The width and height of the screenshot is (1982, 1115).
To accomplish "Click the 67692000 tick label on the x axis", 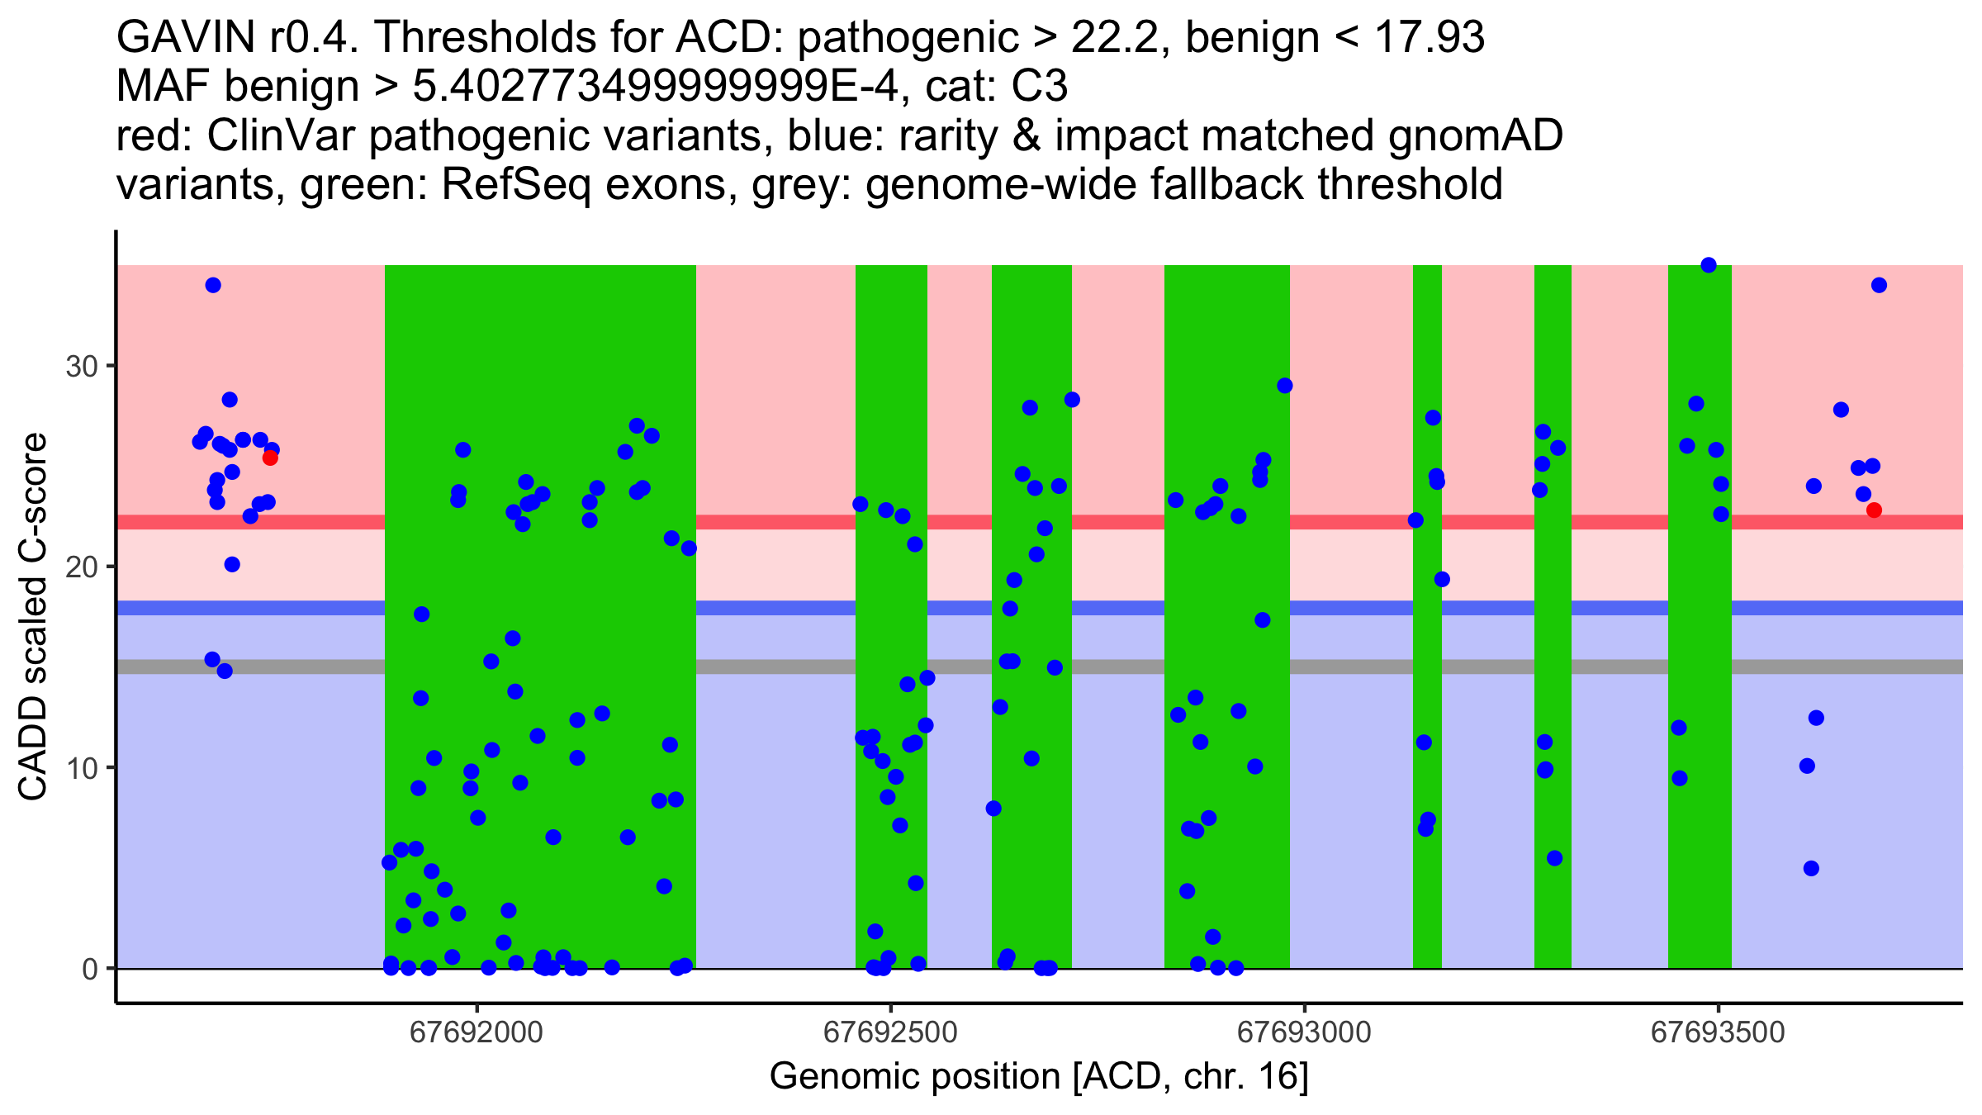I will (477, 1032).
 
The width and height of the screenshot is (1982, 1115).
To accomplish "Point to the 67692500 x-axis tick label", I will (890, 1032).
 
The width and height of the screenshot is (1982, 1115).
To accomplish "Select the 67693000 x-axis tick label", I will (1305, 1032).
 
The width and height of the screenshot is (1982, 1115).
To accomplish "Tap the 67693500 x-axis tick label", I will (1719, 1032).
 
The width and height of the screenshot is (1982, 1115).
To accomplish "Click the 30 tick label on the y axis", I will (81, 366).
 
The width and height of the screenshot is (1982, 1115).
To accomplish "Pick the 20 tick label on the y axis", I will (81, 567).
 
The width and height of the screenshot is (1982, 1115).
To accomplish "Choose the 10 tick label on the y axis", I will (81, 768).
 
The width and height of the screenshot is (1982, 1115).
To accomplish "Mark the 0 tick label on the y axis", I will (90, 969).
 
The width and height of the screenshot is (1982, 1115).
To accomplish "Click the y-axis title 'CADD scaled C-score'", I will (33, 617).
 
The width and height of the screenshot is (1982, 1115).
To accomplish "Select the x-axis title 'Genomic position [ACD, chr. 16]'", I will (1039, 1077).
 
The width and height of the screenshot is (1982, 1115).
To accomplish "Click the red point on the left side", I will (270, 458).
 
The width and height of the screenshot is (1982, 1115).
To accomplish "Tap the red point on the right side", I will (1874, 510).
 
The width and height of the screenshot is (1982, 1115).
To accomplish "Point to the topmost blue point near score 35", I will (1709, 265).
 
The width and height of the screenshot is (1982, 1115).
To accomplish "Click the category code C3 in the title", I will (1040, 86).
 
